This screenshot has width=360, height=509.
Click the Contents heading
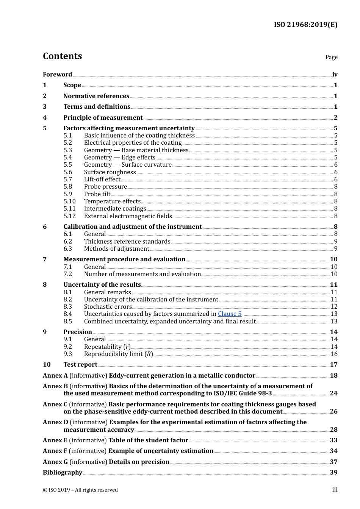tap(62, 56)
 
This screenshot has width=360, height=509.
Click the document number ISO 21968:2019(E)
tap(305, 25)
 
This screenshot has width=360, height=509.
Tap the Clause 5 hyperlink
tap(229, 314)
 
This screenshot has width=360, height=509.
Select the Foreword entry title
tap(57, 75)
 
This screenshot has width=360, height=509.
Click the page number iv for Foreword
tap(335, 75)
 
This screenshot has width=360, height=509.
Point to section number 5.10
tap(69, 201)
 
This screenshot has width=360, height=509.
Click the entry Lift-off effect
tap(102, 180)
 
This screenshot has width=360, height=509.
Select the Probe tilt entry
tap(97, 194)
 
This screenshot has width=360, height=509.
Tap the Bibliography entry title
tap(63, 473)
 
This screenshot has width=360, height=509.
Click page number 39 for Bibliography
tap(333, 473)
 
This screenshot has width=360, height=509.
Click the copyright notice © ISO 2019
tap(80, 490)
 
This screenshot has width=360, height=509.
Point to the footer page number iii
tap(335, 490)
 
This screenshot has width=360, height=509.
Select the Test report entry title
tap(80, 365)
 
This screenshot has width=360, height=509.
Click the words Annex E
tap(55, 440)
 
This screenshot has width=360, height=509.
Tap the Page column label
tap(331, 57)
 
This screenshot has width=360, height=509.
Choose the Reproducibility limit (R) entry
tap(118, 354)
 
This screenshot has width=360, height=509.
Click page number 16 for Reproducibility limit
tap(333, 354)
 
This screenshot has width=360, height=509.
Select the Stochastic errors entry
tap(108, 307)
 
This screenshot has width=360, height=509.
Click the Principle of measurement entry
tap(103, 118)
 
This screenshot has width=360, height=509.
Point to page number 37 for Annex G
tap(333, 462)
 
